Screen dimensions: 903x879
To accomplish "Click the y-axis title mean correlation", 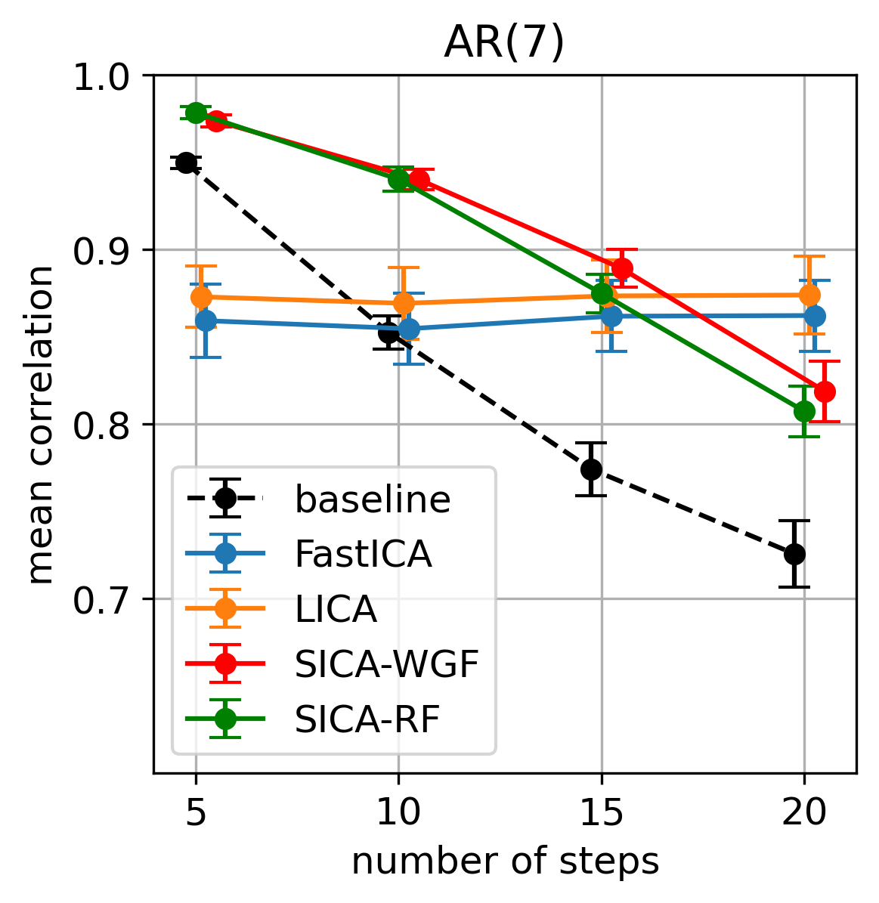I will tap(42, 425).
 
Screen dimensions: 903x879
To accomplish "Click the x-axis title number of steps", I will tap(505, 861).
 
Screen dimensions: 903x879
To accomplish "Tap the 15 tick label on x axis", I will tap(602, 815).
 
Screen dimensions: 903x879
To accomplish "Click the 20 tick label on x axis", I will tap(804, 815).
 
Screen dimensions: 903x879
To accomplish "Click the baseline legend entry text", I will tap(372, 499).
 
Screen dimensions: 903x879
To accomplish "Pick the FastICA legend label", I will tap(363, 555).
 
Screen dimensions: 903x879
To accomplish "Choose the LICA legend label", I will tap(336, 609).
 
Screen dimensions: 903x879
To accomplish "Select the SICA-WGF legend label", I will tap(386, 664).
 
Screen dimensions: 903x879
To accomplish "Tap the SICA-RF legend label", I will tap(367, 719).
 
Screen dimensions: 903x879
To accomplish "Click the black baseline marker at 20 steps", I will tap(794, 554).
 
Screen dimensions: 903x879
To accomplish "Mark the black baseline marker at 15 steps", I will tap(592, 469).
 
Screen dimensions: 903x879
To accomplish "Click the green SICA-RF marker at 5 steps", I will tap(197, 113).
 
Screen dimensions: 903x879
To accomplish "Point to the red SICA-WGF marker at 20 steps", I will tap(825, 391).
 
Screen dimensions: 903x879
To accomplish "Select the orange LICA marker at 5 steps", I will tap(201, 297).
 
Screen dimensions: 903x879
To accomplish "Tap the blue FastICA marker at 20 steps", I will tap(815, 316).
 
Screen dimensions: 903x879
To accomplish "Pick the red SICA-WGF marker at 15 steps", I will tap(622, 268).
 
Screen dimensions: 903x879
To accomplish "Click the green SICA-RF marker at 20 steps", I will tap(804, 411).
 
